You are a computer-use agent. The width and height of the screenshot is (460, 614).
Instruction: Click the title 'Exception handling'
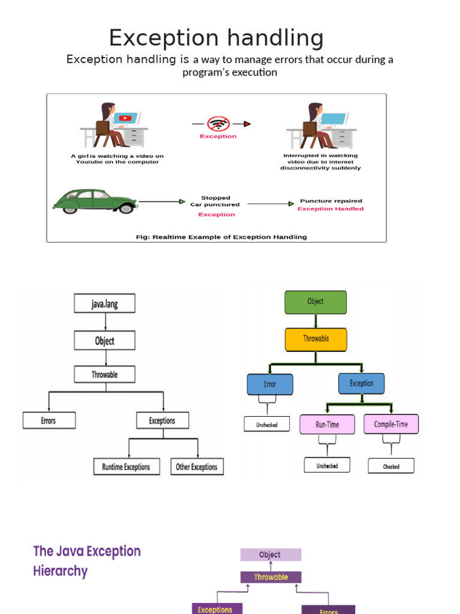pyautogui.click(x=216, y=38)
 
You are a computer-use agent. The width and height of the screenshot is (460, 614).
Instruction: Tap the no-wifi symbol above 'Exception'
pyautogui.click(x=218, y=124)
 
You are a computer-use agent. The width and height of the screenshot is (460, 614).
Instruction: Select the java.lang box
pyautogui.click(x=105, y=303)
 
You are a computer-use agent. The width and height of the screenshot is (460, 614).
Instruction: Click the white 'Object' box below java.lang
pyautogui.click(x=105, y=341)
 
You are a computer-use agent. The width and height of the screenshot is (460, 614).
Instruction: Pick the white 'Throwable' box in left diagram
pyautogui.click(x=105, y=374)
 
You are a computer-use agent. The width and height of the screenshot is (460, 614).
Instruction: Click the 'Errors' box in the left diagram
pyautogui.click(x=49, y=420)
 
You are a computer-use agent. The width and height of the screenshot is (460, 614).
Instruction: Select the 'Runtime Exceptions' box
pyautogui.click(x=126, y=466)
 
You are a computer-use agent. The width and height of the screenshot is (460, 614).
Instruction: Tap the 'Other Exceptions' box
pyautogui.click(x=197, y=466)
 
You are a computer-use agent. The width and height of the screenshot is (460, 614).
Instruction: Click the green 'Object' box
pyautogui.click(x=316, y=302)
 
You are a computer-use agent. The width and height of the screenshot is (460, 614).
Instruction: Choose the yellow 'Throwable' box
pyautogui.click(x=316, y=339)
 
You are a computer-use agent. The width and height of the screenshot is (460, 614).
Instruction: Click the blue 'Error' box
pyautogui.click(x=270, y=384)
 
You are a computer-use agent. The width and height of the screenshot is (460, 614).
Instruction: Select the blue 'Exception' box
pyautogui.click(x=361, y=383)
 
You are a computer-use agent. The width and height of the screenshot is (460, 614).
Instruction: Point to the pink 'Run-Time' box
pyautogui.click(x=327, y=425)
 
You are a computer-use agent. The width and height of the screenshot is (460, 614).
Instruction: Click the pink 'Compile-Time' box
pyautogui.click(x=391, y=425)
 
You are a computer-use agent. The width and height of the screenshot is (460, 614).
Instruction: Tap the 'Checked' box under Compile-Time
pyautogui.click(x=391, y=466)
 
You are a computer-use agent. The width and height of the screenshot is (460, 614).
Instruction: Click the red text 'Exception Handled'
pyautogui.click(x=330, y=209)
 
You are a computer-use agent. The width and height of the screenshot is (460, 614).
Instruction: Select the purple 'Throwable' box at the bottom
pyautogui.click(x=271, y=577)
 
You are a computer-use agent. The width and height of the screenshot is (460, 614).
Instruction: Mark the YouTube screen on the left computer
pyautogui.click(x=125, y=118)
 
